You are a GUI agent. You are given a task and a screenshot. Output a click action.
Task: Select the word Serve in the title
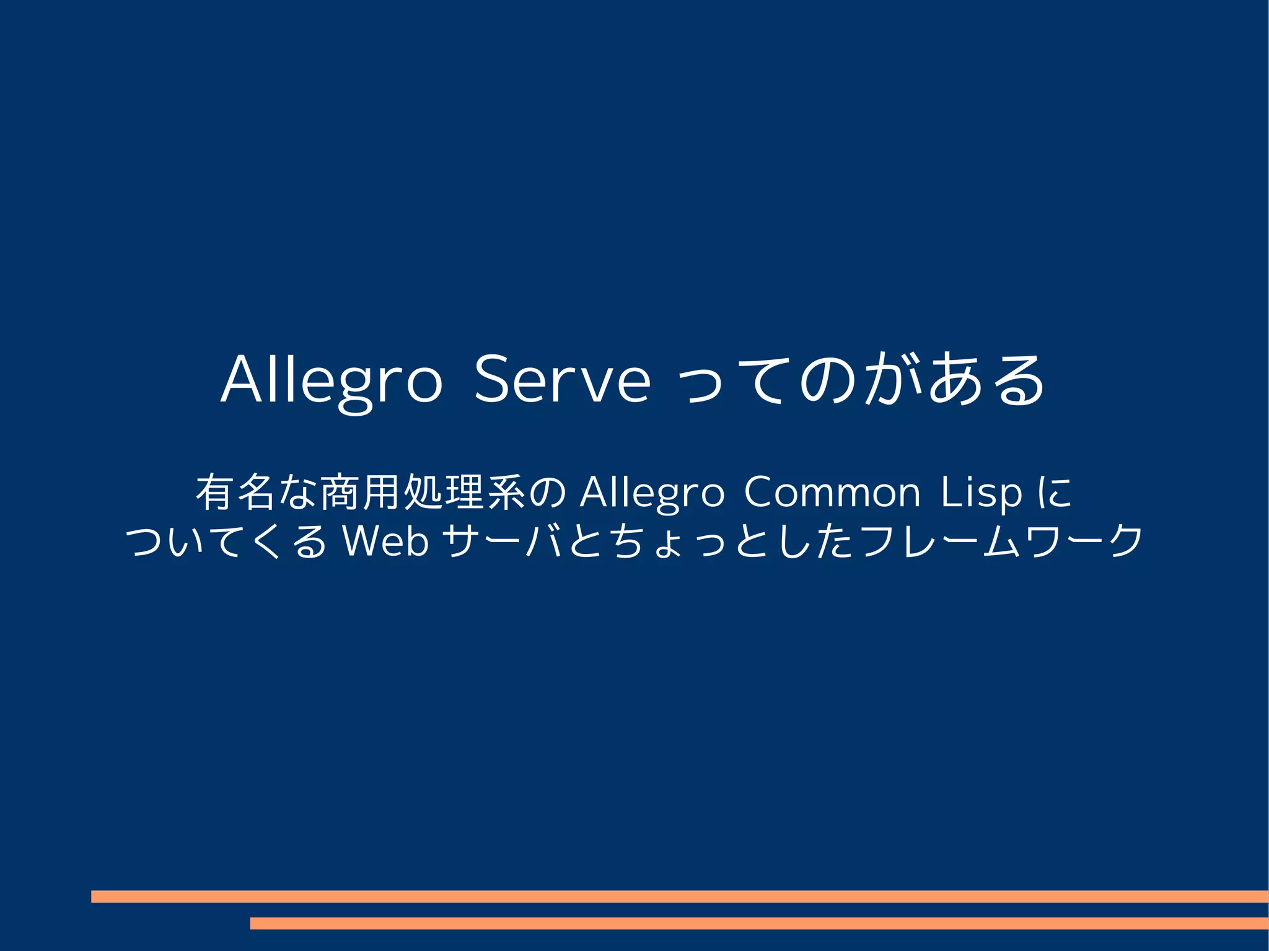tap(562, 379)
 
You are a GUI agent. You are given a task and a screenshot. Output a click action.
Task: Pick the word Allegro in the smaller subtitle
tap(652, 493)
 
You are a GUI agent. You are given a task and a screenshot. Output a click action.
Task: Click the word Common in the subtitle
tap(832, 493)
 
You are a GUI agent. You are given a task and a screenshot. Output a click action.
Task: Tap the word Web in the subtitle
tap(386, 541)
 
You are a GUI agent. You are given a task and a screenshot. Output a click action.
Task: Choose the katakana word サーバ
tap(503, 541)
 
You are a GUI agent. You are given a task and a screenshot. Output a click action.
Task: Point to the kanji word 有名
tap(235, 493)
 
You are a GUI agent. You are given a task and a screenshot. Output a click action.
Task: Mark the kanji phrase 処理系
tap(465, 493)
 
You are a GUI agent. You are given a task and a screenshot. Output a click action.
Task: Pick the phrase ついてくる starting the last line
tap(226, 541)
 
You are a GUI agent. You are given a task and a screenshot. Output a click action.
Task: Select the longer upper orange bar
tap(680, 896)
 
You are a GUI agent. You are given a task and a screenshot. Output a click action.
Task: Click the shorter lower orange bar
tap(759, 923)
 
